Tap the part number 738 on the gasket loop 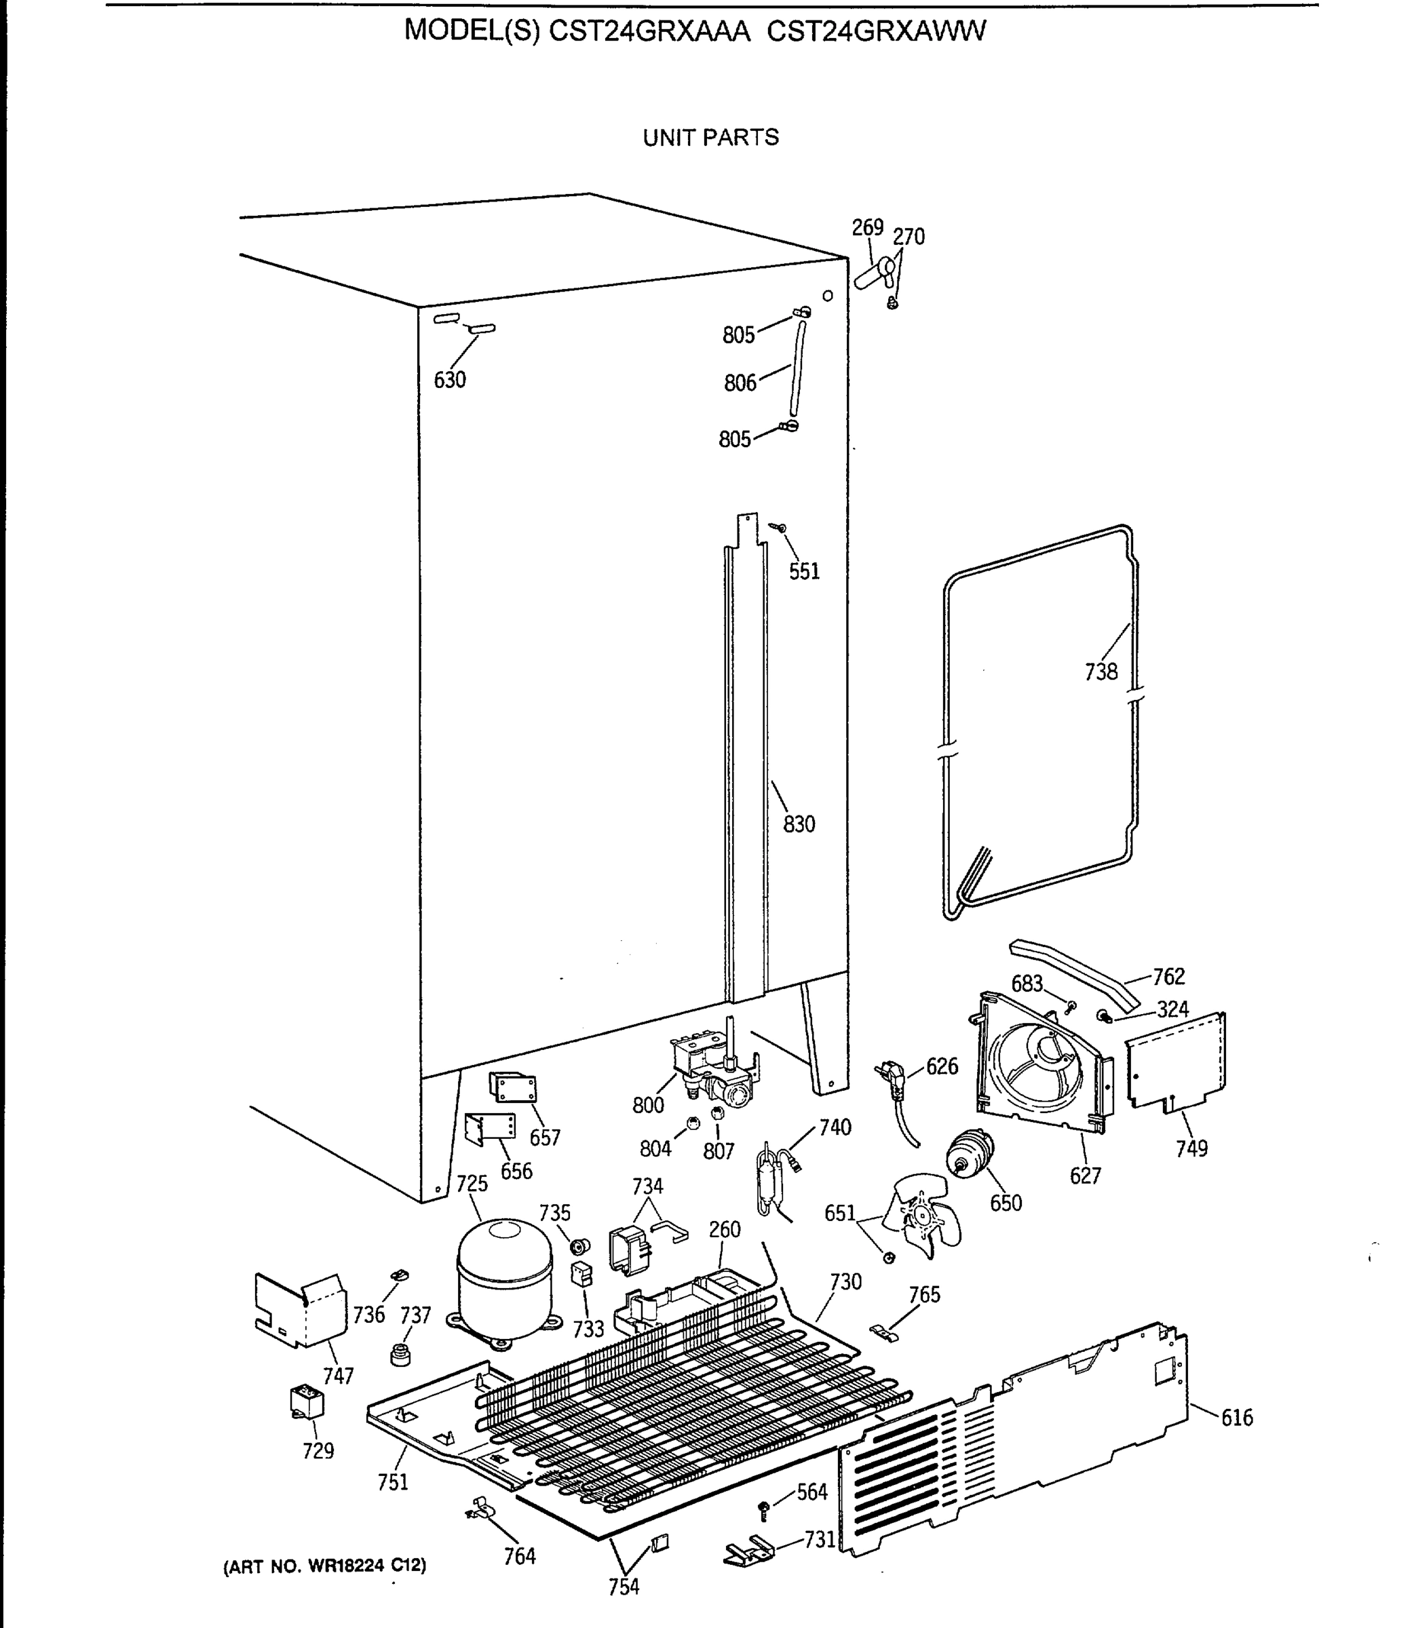tap(1101, 672)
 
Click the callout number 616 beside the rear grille tap(1236, 1418)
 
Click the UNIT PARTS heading tap(710, 138)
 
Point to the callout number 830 tap(799, 824)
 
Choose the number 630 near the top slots tap(450, 380)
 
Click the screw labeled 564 tap(763, 1510)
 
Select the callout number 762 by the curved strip tap(1168, 977)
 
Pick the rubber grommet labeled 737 tap(402, 1355)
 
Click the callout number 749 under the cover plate tap(1191, 1149)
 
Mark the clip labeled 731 tap(748, 1551)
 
